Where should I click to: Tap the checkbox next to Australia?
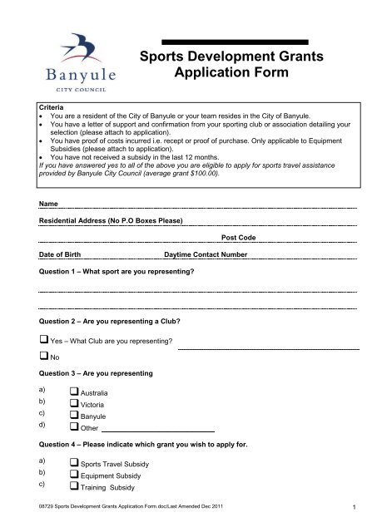[x=74, y=392]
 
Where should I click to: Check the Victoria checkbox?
[x=74, y=403]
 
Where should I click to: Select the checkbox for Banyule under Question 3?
[x=74, y=416]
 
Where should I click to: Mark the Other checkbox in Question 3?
[x=74, y=428]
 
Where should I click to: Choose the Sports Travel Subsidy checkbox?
[x=74, y=463]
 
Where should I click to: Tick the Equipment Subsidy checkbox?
[x=74, y=475]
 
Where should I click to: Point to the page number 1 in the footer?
[x=354, y=507]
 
